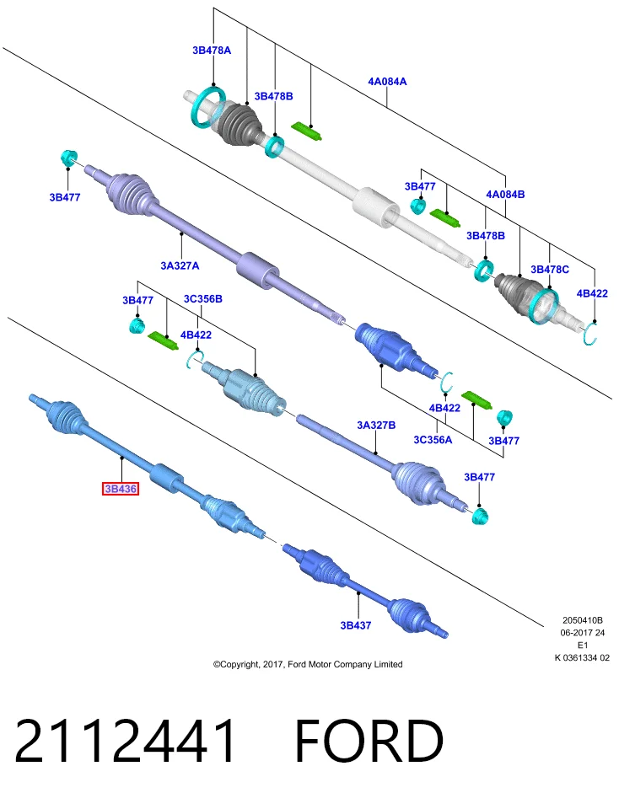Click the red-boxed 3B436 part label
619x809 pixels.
pyautogui.click(x=121, y=489)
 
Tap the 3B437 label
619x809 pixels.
pyautogui.click(x=356, y=625)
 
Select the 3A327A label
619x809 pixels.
pyautogui.click(x=180, y=265)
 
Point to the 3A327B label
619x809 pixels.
pyautogui.click(x=376, y=425)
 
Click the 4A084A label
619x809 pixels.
pyautogui.click(x=387, y=82)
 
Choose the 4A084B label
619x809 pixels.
pyautogui.click(x=505, y=195)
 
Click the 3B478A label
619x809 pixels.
pyautogui.click(x=212, y=51)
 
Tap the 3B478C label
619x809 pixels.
pyautogui.click(x=550, y=270)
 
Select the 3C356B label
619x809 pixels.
pyautogui.click(x=203, y=299)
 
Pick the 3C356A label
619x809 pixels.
pyautogui.click(x=433, y=440)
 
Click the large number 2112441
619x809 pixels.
pyautogui.click(x=126, y=742)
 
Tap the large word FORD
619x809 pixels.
pyautogui.click(x=369, y=742)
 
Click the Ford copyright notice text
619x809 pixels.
pyautogui.click(x=308, y=665)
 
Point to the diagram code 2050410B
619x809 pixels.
pyautogui.click(x=583, y=620)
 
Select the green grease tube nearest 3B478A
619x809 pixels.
pyautogui.click(x=307, y=131)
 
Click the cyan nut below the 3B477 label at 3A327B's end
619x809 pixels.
pyautogui.click(x=480, y=516)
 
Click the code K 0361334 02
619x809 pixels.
pyautogui.click(x=582, y=658)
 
